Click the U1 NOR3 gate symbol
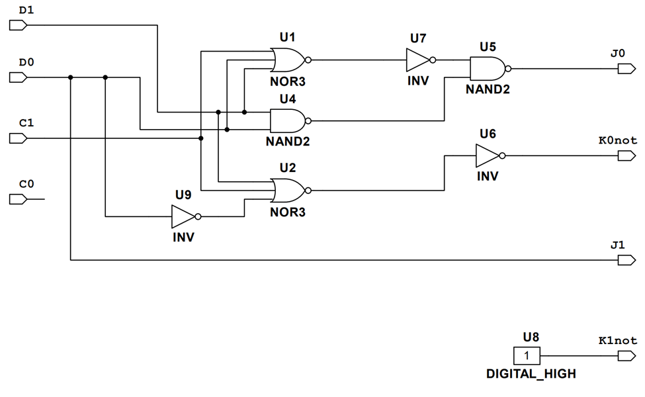288,60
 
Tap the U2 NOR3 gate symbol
288,191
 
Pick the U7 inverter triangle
418,61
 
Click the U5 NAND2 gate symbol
487,67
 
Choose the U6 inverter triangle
488,156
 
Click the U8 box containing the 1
527,356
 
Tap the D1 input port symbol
18,25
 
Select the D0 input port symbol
18,77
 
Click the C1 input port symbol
18,138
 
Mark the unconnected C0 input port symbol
18,199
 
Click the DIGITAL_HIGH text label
531,374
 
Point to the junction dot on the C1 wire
201,138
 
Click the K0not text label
617,140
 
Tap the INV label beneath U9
183,237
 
